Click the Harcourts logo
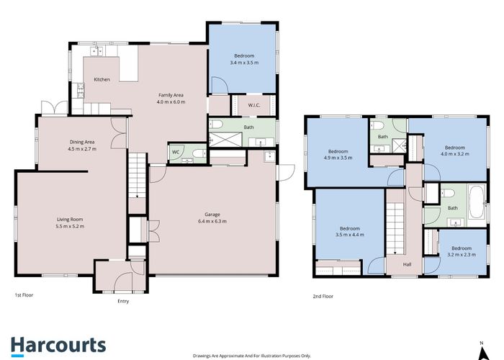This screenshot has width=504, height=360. point(58,346)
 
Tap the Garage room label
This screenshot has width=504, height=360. point(212,215)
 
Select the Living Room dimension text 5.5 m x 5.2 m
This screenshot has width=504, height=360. point(70,226)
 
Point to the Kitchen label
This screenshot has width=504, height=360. point(102,79)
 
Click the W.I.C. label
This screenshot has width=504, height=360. point(254,105)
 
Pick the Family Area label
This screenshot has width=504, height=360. point(171,95)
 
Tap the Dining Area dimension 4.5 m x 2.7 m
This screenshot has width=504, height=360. point(82,149)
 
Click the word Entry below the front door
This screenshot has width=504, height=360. point(123,301)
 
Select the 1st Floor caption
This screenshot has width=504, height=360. point(24,294)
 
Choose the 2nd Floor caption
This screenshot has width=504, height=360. point(323,297)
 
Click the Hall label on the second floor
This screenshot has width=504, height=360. point(407,264)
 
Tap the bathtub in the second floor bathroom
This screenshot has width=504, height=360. point(477,202)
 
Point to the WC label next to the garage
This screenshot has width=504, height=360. point(176,152)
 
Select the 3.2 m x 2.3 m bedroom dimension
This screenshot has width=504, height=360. point(462,255)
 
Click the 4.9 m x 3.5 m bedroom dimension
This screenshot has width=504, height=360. point(338,158)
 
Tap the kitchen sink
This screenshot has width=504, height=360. point(96,51)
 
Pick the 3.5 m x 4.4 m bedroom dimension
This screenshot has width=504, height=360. point(350,235)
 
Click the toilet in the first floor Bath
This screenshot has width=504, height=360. point(216,124)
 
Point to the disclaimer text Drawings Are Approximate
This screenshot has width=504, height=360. point(252,356)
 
